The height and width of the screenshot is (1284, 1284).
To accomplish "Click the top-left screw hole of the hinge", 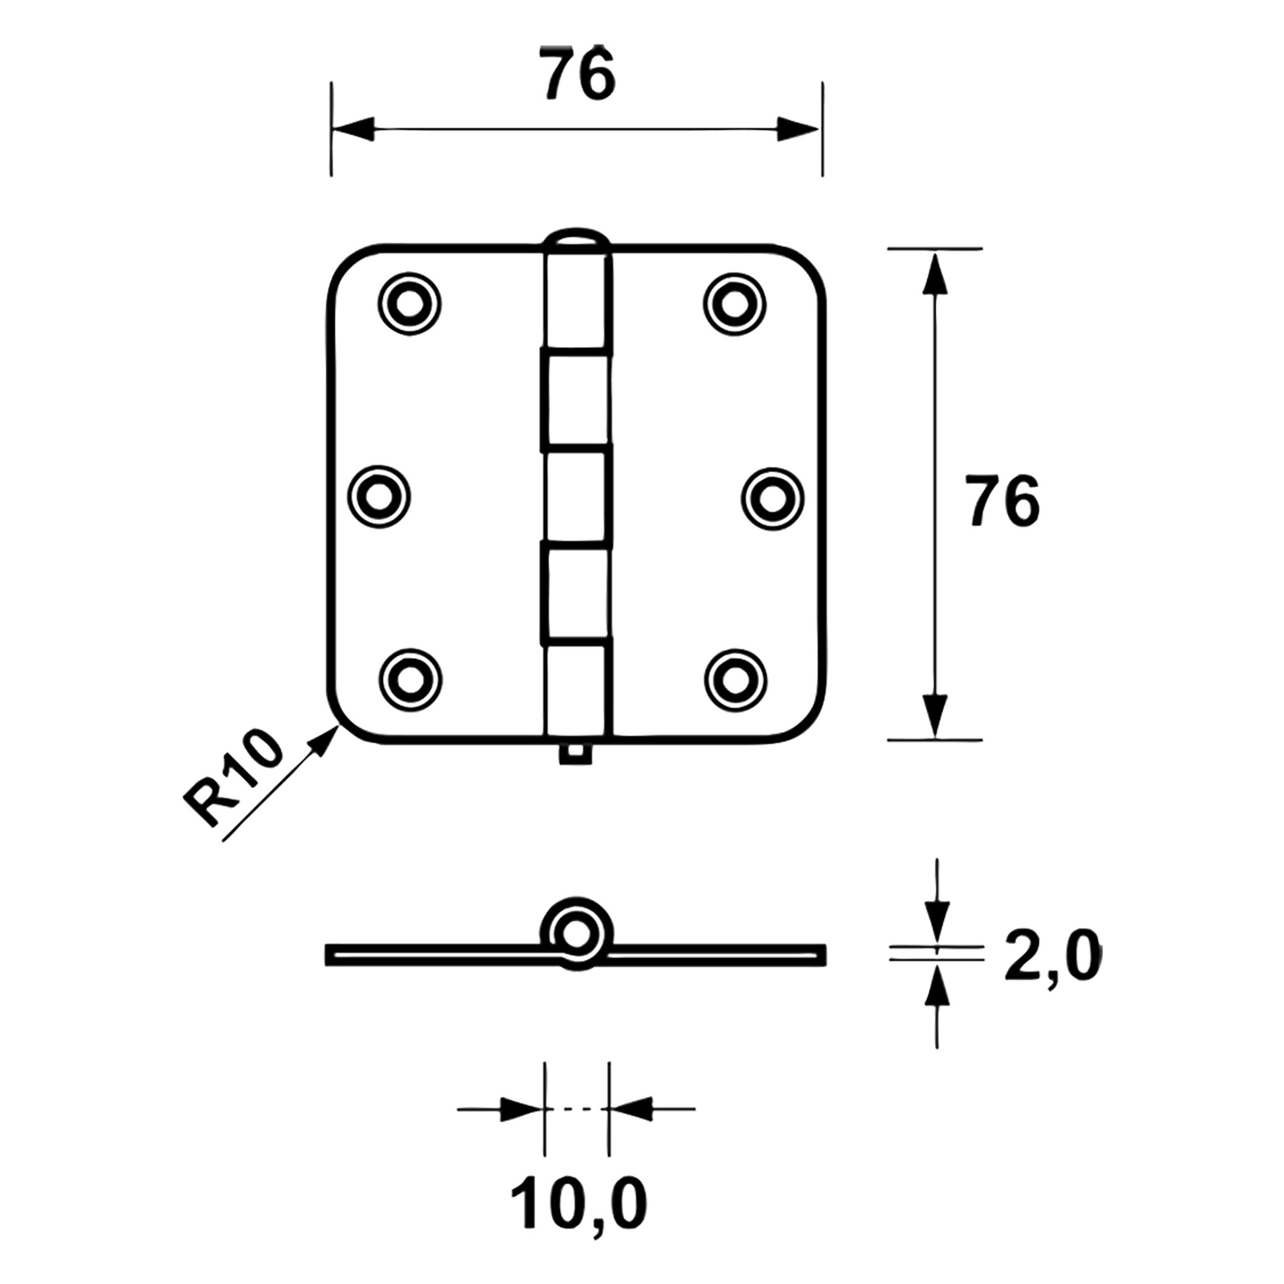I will (x=409, y=303).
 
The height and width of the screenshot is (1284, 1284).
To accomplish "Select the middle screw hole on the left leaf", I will (x=379, y=497).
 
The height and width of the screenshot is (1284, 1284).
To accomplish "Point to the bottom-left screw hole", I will (x=410, y=679).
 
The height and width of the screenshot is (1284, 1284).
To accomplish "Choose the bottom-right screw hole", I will (x=735, y=679).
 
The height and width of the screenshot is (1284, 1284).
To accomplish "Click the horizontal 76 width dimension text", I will (x=577, y=75).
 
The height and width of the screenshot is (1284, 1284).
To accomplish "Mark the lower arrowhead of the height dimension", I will (x=934, y=715).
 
